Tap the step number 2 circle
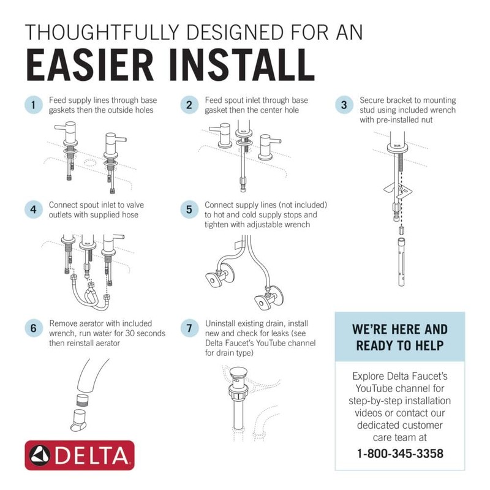[189, 105]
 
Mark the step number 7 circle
[189, 328]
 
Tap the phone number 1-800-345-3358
[399, 454]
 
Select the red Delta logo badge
[79, 456]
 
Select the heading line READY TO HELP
[399, 345]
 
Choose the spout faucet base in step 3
[396, 146]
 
